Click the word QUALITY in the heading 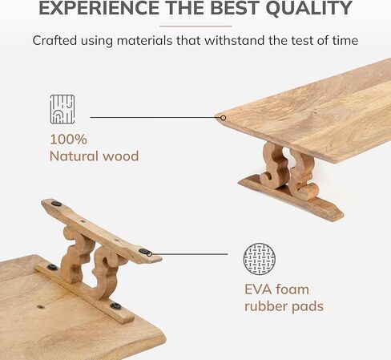309,8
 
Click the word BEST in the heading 234,8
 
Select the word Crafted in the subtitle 54,41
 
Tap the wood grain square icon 62,109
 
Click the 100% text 69,140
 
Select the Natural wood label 94,156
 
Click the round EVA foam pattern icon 260,259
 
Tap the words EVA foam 276,289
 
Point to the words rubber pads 284,306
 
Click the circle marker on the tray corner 224,118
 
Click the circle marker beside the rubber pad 150,254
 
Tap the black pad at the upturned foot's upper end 56,204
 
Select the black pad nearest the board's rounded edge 115,306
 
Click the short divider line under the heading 195,26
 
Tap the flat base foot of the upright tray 291,197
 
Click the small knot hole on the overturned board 40,306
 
